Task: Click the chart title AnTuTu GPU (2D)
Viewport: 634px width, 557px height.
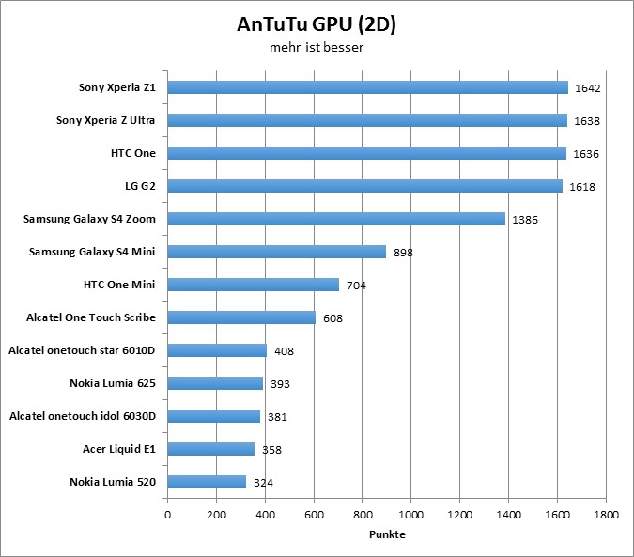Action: click(x=317, y=24)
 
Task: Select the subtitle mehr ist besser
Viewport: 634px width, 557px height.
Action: click(x=317, y=46)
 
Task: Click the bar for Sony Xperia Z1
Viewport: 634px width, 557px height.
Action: click(x=368, y=87)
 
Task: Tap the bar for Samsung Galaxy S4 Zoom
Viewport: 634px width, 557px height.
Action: click(x=336, y=219)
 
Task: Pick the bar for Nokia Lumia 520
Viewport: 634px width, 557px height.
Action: click(x=207, y=482)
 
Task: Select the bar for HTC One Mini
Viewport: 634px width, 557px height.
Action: click(x=254, y=285)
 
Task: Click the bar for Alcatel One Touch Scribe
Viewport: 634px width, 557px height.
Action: click(x=241, y=317)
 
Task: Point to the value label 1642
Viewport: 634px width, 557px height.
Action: click(x=589, y=88)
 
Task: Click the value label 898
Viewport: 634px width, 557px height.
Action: click(x=404, y=253)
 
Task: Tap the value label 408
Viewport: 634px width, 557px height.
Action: click(x=285, y=351)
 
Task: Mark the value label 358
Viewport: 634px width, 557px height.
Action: click(x=272, y=450)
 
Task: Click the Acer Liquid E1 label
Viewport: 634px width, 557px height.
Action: click(x=118, y=449)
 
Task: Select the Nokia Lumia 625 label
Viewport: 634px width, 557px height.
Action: click(x=112, y=383)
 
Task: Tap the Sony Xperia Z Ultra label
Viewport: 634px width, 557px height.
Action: click(x=106, y=120)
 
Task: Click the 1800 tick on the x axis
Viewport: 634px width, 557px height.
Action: click(x=606, y=515)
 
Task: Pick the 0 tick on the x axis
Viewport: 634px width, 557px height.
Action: click(x=168, y=515)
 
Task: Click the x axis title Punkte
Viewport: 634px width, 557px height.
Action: click(x=387, y=534)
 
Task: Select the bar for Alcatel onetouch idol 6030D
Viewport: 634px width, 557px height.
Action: click(x=214, y=416)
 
